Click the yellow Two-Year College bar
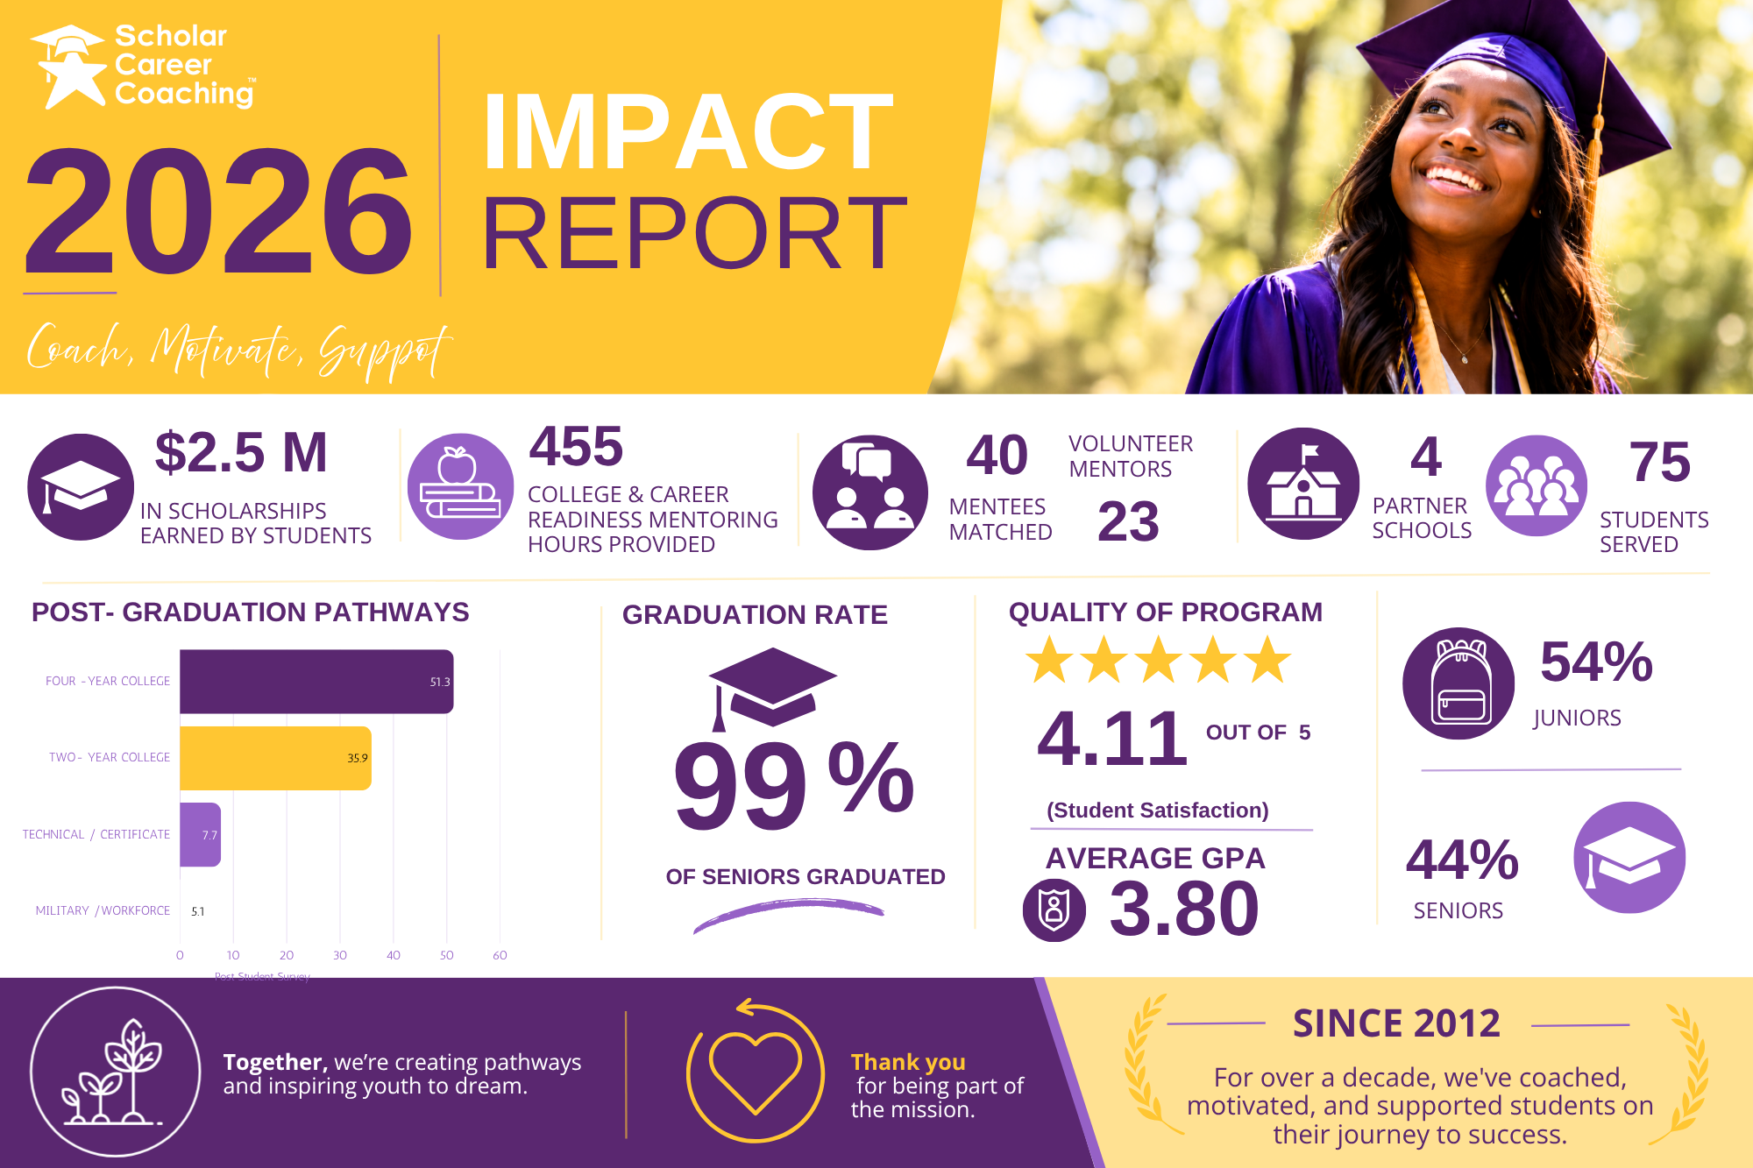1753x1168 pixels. tap(275, 758)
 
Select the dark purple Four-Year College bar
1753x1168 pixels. tap(316, 682)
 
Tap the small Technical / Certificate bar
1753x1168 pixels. tap(200, 834)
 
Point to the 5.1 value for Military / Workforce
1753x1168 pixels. tap(198, 911)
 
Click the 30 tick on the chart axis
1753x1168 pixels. tap(340, 955)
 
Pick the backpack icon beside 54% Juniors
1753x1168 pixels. tap(1458, 683)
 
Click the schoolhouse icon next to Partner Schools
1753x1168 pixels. tap(1303, 484)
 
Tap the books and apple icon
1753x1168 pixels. tap(461, 486)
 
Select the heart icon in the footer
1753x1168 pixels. tap(756, 1072)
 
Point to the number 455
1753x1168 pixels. tap(576, 446)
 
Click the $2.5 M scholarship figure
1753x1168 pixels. tap(241, 452)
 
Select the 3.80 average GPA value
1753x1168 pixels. tap(1184, 909)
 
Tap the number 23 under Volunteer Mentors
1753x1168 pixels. tap(1128, 521)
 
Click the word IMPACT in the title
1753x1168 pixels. tap(688, 131)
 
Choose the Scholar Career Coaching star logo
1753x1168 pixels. tap(67, 67)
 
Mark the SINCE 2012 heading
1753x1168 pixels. tap(1396, 1023)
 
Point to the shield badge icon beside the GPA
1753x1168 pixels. tap(1054, 910)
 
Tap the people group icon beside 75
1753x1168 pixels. tap(1537, 485)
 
